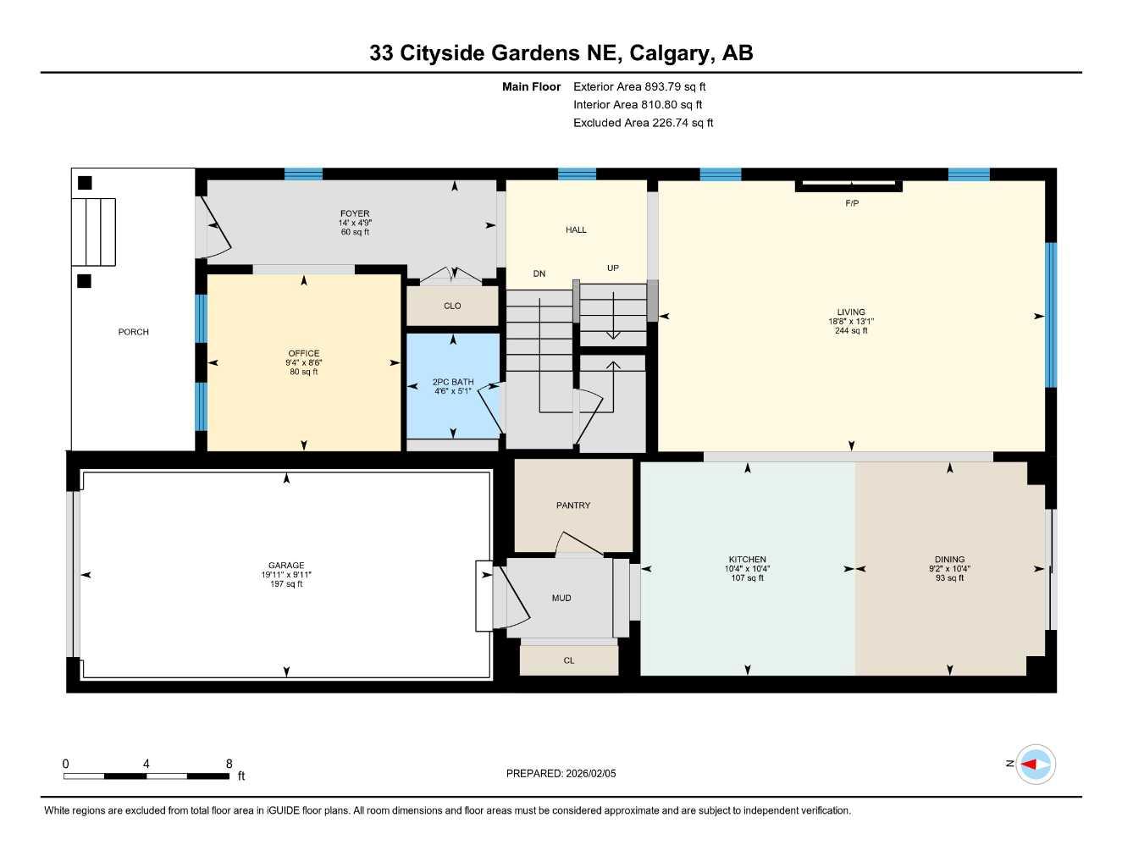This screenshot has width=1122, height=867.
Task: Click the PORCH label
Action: click(x=133, y=332)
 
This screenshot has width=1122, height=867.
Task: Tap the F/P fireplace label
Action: click(x=852, y=203)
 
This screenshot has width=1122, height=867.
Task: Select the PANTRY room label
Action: click(x=573, y=505)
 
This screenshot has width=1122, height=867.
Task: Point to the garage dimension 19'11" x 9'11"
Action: click(x=286, y=574)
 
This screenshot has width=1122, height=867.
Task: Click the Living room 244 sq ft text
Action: click(x=851, y=330)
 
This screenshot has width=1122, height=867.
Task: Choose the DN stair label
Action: click(x=539, y=273)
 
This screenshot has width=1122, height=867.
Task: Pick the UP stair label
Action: click(x=613, y=268)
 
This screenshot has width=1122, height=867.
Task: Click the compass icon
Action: click(x=1036, y=765)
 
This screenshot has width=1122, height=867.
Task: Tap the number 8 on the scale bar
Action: click(x=229, y=764)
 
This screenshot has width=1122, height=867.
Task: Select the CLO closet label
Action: click(x=452, y=306)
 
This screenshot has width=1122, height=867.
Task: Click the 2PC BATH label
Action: click(x=453, y=382)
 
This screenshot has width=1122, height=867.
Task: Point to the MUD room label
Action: click(x=561, y=598)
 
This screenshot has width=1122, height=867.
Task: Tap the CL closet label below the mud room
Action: click(x=568, y=660)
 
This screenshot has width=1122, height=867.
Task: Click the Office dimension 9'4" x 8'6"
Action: click(x=304, y=362)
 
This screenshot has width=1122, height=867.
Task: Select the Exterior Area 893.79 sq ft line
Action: click(x=639, y=86)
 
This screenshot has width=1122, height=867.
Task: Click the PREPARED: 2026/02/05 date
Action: click(x=561, y=774)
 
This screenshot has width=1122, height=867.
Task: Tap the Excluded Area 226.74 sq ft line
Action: click(x=643, y=123)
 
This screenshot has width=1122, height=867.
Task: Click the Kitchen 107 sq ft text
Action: click(x=747, y=578)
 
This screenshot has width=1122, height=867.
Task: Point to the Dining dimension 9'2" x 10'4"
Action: click(x=949, y=569)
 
